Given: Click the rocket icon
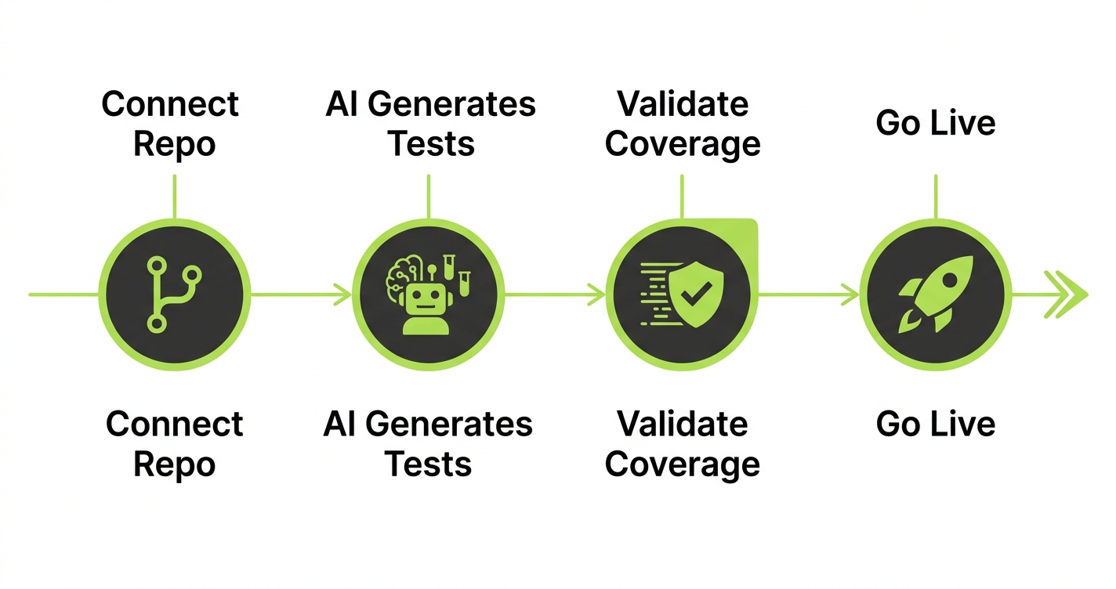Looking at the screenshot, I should tap(937, 294).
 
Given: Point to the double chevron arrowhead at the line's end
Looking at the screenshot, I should tap(1067, 294).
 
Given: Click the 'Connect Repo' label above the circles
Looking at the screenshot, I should tap(171, 124).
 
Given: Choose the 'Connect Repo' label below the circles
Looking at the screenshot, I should tap(174, 443).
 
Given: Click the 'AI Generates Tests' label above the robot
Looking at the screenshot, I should tap(430, 124).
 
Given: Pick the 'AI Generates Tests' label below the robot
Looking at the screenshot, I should tap(428, 443).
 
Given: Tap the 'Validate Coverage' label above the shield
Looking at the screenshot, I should tap(683, 124).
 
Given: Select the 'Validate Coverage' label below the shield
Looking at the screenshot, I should tap(683, 443).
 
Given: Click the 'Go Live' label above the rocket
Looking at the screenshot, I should tap(936, 124).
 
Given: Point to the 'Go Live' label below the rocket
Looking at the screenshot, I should tap(936, 424).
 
